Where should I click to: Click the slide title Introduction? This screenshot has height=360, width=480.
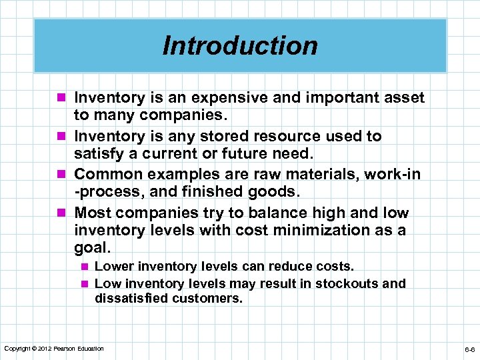[240, 45]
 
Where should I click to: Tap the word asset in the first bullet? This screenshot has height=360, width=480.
[404, 98]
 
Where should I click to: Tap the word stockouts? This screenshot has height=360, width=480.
[346, 283]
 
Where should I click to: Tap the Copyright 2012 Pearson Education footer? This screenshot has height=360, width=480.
[54, 349]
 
